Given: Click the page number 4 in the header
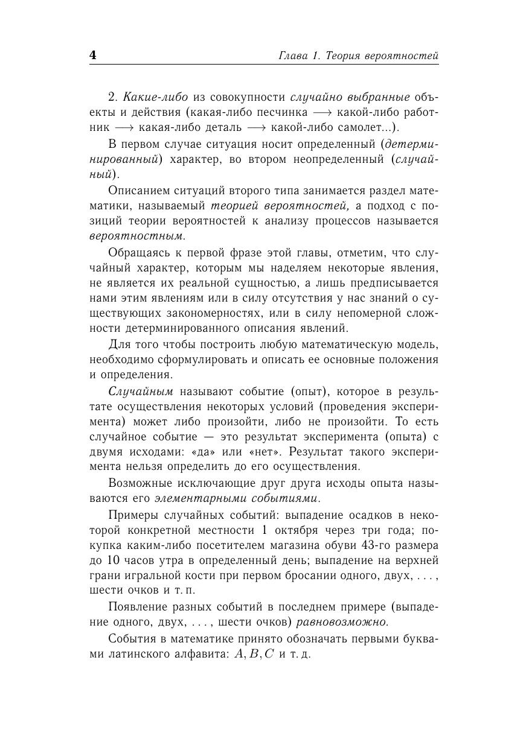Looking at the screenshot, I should (93, 55).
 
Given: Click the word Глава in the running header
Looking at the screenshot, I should (293, 56).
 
